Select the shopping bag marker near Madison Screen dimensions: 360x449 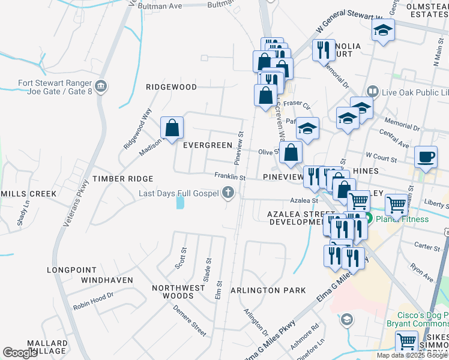click(172, 128)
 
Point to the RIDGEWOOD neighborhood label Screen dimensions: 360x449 click(171, 87)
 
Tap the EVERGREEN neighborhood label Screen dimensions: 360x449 click(207, 145)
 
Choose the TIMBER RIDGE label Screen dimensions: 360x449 click(122, 179)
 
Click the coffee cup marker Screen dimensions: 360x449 click(426, 157)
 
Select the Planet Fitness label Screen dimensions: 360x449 click(402, 219)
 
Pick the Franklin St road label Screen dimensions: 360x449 click(231, 177)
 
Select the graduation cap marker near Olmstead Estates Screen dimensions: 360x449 click(382, 30)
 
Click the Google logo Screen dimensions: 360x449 click(20, 353)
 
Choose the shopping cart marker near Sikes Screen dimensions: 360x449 click(407, 341)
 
